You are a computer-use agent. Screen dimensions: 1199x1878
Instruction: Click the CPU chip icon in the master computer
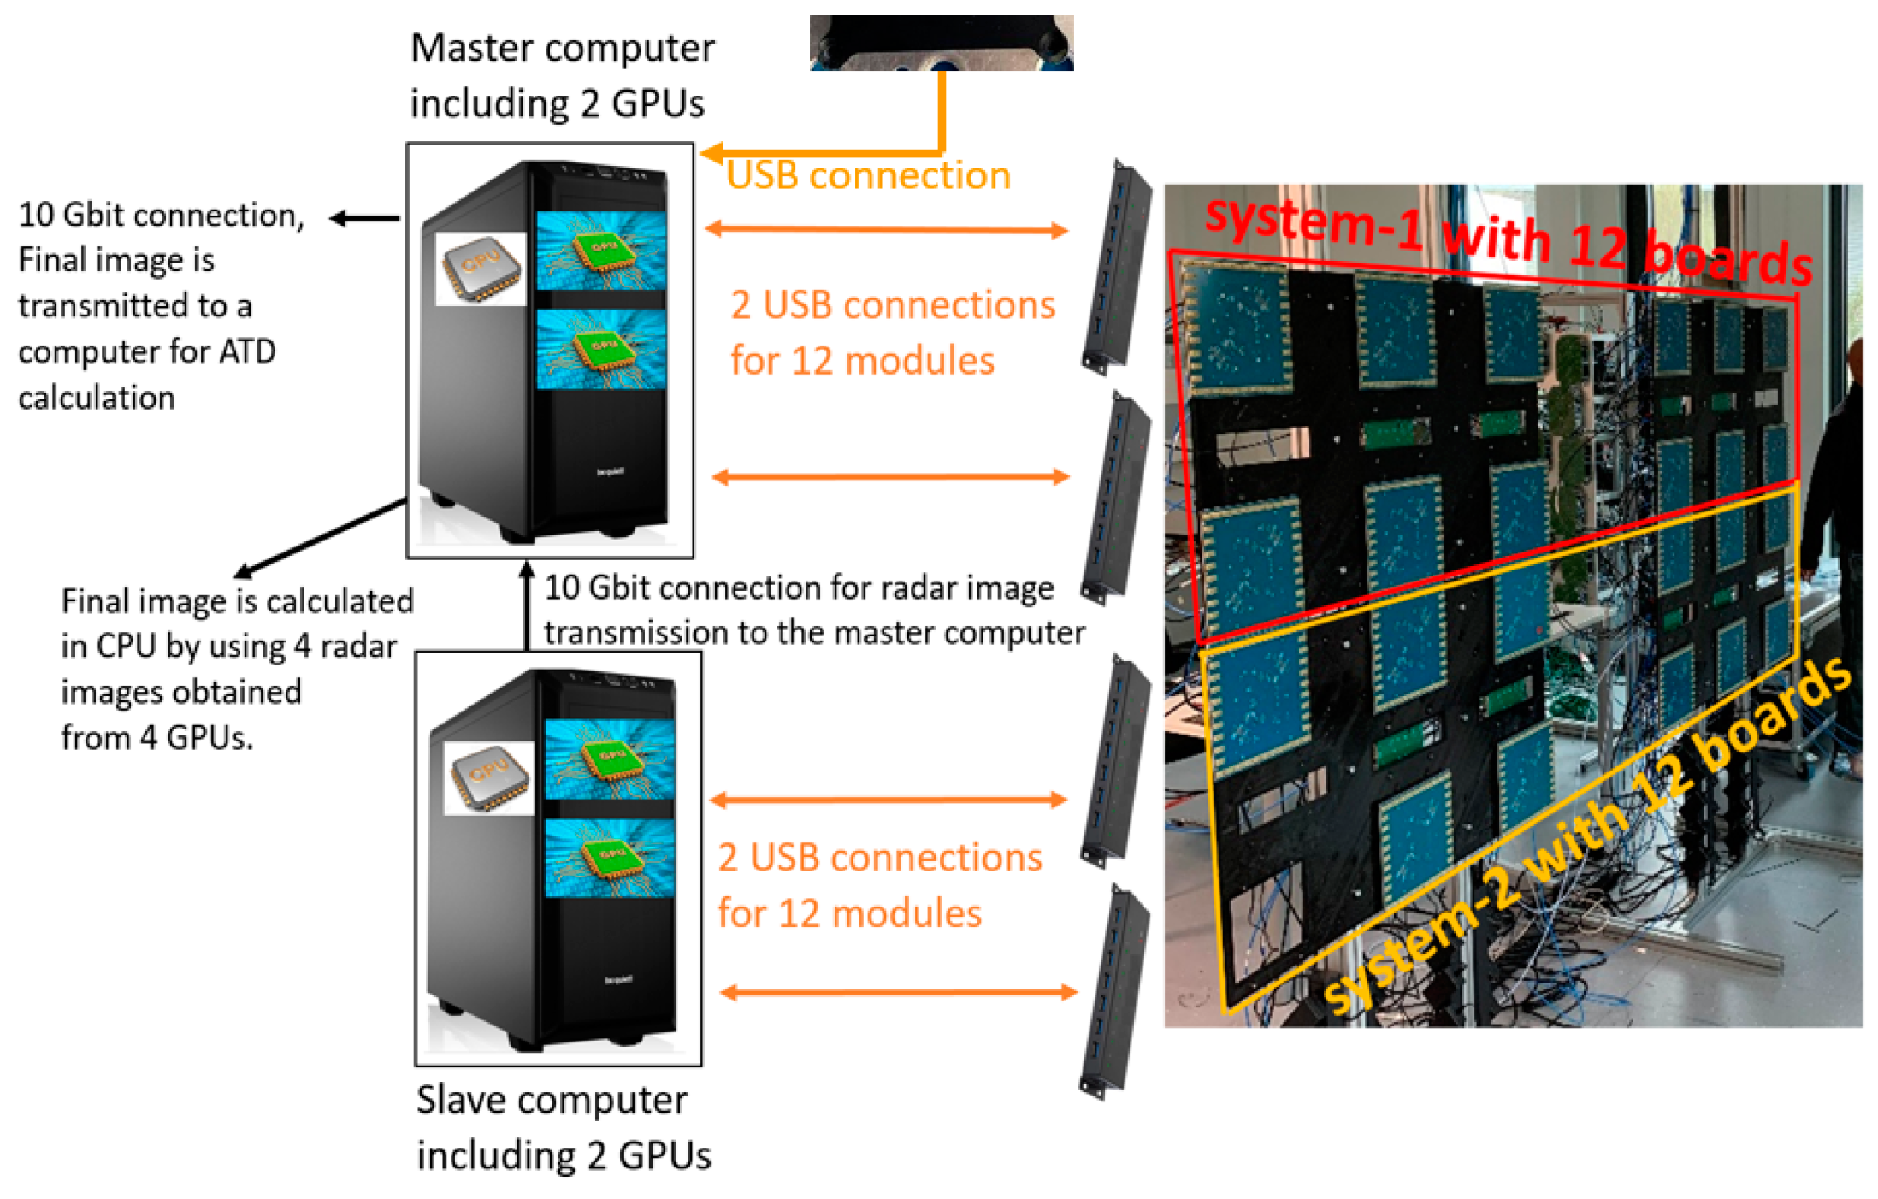pos(480,269)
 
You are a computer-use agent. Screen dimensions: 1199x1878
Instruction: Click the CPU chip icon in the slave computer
pos(488,777)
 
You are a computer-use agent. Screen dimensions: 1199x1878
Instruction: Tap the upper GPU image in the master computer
pos(601,250)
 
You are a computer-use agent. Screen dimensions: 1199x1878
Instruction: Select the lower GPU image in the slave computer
pos(609,858)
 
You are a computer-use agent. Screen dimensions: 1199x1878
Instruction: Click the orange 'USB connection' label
pos(868,176)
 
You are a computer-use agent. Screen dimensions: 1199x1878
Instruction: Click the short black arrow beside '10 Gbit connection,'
pos(364,219)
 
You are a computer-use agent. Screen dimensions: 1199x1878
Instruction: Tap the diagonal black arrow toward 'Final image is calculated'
pos(321,536)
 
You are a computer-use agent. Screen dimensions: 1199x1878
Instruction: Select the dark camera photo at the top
pos(941,42)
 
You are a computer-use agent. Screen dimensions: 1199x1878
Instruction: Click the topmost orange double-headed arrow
pos(886,229)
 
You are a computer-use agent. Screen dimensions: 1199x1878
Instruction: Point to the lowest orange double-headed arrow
pos(898,992)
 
